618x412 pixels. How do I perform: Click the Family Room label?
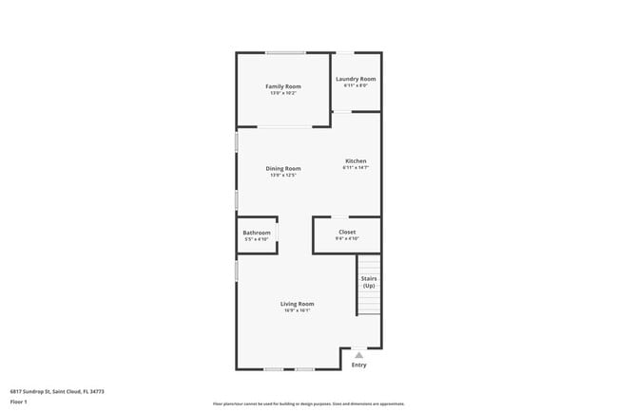283,86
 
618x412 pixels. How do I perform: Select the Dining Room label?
283,169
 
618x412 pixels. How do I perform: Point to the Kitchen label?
356,160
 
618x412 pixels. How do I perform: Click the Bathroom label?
257,233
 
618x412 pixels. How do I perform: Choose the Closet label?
347,232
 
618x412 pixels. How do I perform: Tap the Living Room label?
298,304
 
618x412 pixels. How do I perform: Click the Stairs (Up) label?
368,282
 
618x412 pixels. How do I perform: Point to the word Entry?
358,365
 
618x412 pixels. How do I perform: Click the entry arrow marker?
358,355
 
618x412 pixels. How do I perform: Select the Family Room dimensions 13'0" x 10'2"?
283,93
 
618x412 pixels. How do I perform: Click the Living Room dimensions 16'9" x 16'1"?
298,310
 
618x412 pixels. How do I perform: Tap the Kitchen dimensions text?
356,168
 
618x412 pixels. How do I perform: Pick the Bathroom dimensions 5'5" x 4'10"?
257,239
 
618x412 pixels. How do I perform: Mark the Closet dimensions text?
347,238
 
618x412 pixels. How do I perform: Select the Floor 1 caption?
19,402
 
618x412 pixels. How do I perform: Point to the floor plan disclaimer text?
309,403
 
